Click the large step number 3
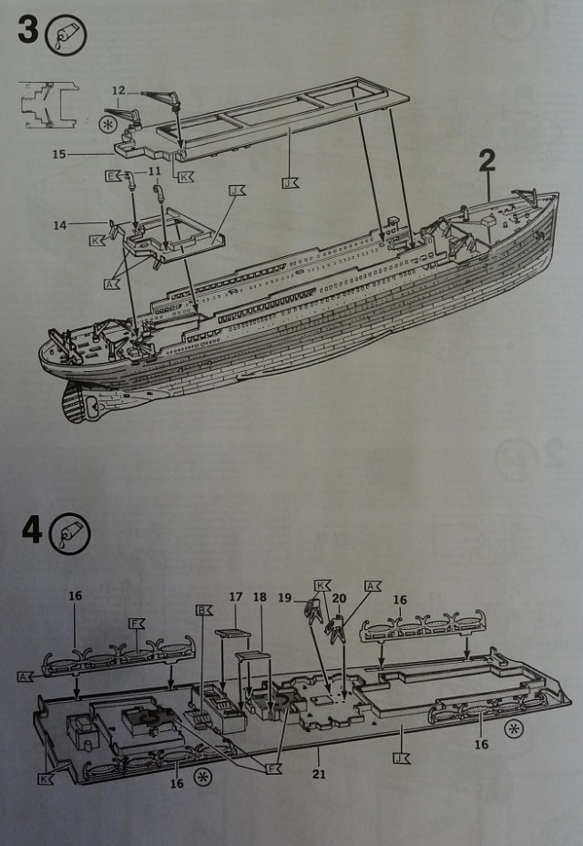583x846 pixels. pos(27,30)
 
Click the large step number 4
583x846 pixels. pos(30,530)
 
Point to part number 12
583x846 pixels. pos(119,90)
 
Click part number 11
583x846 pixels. pos(154,170)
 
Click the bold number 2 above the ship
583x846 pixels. pos(486,161)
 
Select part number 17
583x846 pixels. pos(235,598)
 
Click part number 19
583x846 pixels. pos(285,598)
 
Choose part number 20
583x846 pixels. pos(339,598)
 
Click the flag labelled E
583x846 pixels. pos(113,175)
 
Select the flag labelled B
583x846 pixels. pos(201,610)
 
